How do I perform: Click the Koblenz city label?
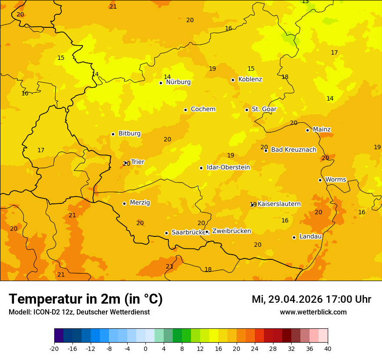(x=250, y=79)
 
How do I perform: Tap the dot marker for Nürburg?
(x=161, y=83)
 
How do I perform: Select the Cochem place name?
(x=203, y=109)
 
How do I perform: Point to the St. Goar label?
(x=264, y=109)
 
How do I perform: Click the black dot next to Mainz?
(x=307, y=130)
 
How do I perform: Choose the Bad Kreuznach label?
(x=293, y=150)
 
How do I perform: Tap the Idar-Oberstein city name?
(x=228, y=167)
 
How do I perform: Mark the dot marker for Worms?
(x=320, y=180)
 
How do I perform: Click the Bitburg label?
(x=129, y=134)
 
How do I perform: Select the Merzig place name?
(x=140, y=203)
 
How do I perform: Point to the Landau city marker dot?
(x=294, y=237)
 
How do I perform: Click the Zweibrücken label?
(x=231, y=231)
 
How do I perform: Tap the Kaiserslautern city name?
(x=279, y=204)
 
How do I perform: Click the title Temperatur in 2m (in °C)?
(x=86, y=299)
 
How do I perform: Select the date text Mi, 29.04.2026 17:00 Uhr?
(x=311, y=299)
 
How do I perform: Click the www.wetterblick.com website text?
(x=313, y=312)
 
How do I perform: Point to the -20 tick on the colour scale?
(x=54, y=348)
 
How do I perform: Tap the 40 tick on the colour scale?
(x=328, y=348)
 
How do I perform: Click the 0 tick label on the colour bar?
(x=145, y=348)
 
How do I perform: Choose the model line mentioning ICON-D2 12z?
(x=79, y=312)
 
